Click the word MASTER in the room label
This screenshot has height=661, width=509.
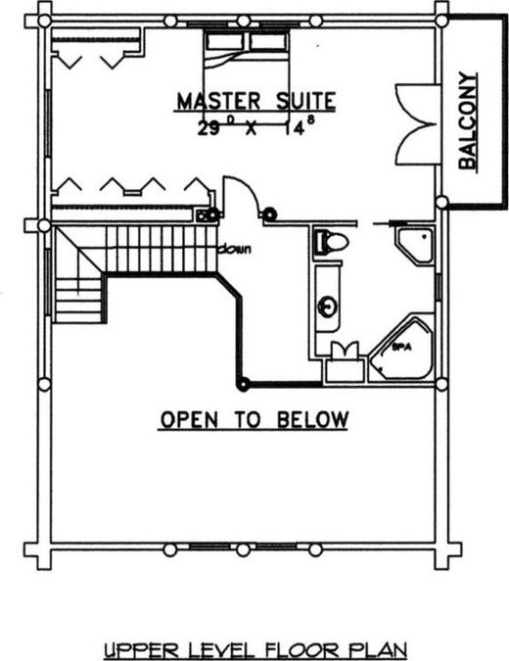[218, 101]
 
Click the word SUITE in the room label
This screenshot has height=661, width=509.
[305, 101]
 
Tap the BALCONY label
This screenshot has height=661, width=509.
[468, 121]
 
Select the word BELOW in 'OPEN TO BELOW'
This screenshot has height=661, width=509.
[313, 419]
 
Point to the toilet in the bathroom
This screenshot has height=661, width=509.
[331, 242]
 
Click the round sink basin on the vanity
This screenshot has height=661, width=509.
[328, 307]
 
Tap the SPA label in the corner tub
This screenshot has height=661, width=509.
[401, 348]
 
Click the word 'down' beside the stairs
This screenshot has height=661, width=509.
[235, 249]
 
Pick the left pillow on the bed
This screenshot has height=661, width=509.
[224, 42]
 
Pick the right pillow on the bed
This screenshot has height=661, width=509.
[269, 42]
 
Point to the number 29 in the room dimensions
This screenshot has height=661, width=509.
[209, 128]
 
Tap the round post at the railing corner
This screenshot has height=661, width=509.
[243, 385]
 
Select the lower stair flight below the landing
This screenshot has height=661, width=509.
[78, 301]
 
